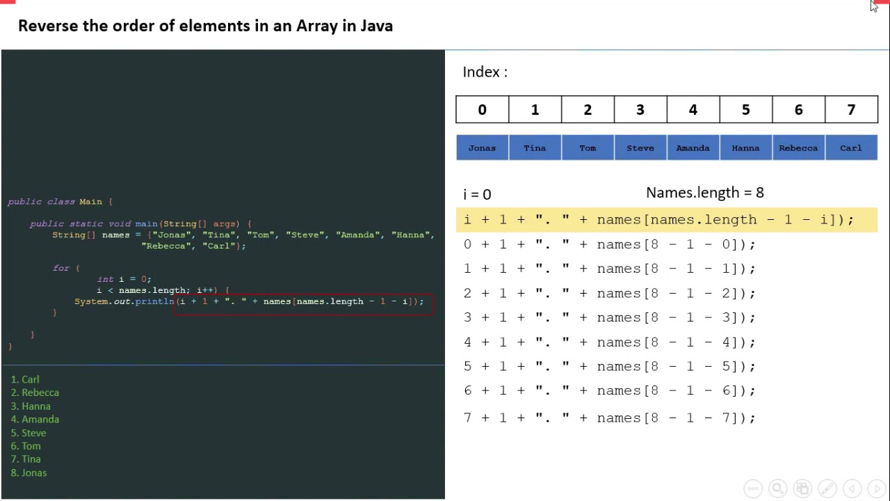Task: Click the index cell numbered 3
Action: [640, 110]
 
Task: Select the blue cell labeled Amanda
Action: [693, 148]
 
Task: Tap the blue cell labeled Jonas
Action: [482, 148]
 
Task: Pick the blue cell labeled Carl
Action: [851, 148]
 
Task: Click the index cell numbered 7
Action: [851, 110]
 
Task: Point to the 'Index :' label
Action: [485, 72]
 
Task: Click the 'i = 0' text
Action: [477, 194]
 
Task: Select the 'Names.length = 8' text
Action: [704, 193]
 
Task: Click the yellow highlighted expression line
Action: [658, 220]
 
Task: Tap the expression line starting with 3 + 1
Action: [609, 318]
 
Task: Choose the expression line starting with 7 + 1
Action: [609, 418]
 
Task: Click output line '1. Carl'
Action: [25, 380]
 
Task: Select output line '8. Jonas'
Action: [29, 473]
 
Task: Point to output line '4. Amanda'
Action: [35, 420]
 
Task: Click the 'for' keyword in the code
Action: [61, 268]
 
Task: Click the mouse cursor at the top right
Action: [874, 6]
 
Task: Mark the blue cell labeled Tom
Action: [588, 148]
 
